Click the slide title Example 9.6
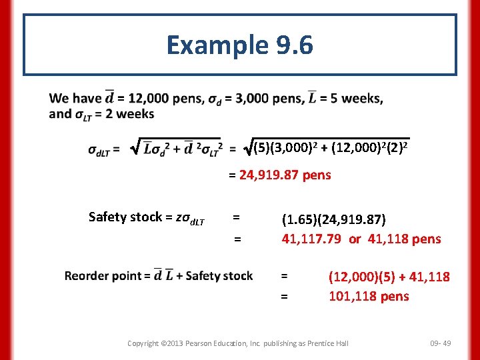pos(239,45)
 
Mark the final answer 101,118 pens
pos(369,296)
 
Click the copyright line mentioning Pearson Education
pos(238,343)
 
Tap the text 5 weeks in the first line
pos(357,99)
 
